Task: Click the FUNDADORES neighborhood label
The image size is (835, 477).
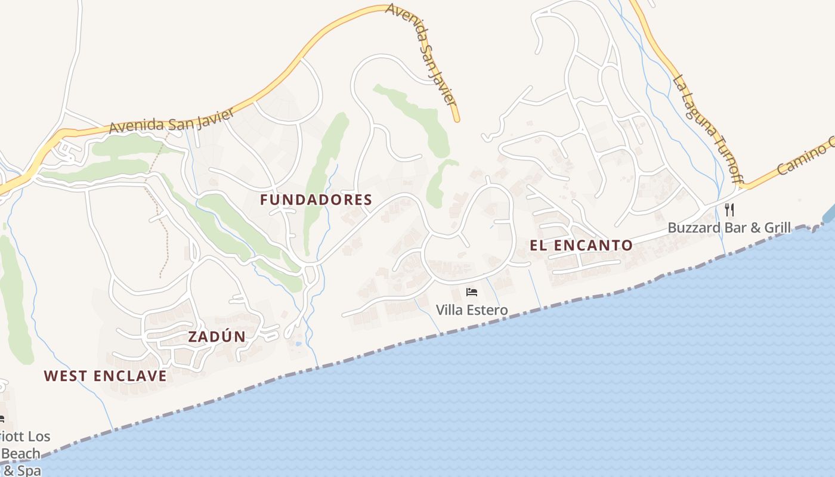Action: coord(316,200)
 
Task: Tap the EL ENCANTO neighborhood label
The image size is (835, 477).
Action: coord(581,245)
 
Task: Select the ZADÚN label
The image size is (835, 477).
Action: coord(217,336)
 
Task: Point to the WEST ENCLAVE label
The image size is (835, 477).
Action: coord(106,376)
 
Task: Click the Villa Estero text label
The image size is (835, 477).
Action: coord(472,310)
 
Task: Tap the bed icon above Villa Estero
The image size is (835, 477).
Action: coord(472,292)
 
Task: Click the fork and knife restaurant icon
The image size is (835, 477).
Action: coord(729,209)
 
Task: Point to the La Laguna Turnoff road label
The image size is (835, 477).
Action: coord(707,128)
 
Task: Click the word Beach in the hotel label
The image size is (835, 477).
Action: coord(21,454)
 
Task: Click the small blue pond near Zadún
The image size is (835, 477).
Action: coord(298,344)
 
